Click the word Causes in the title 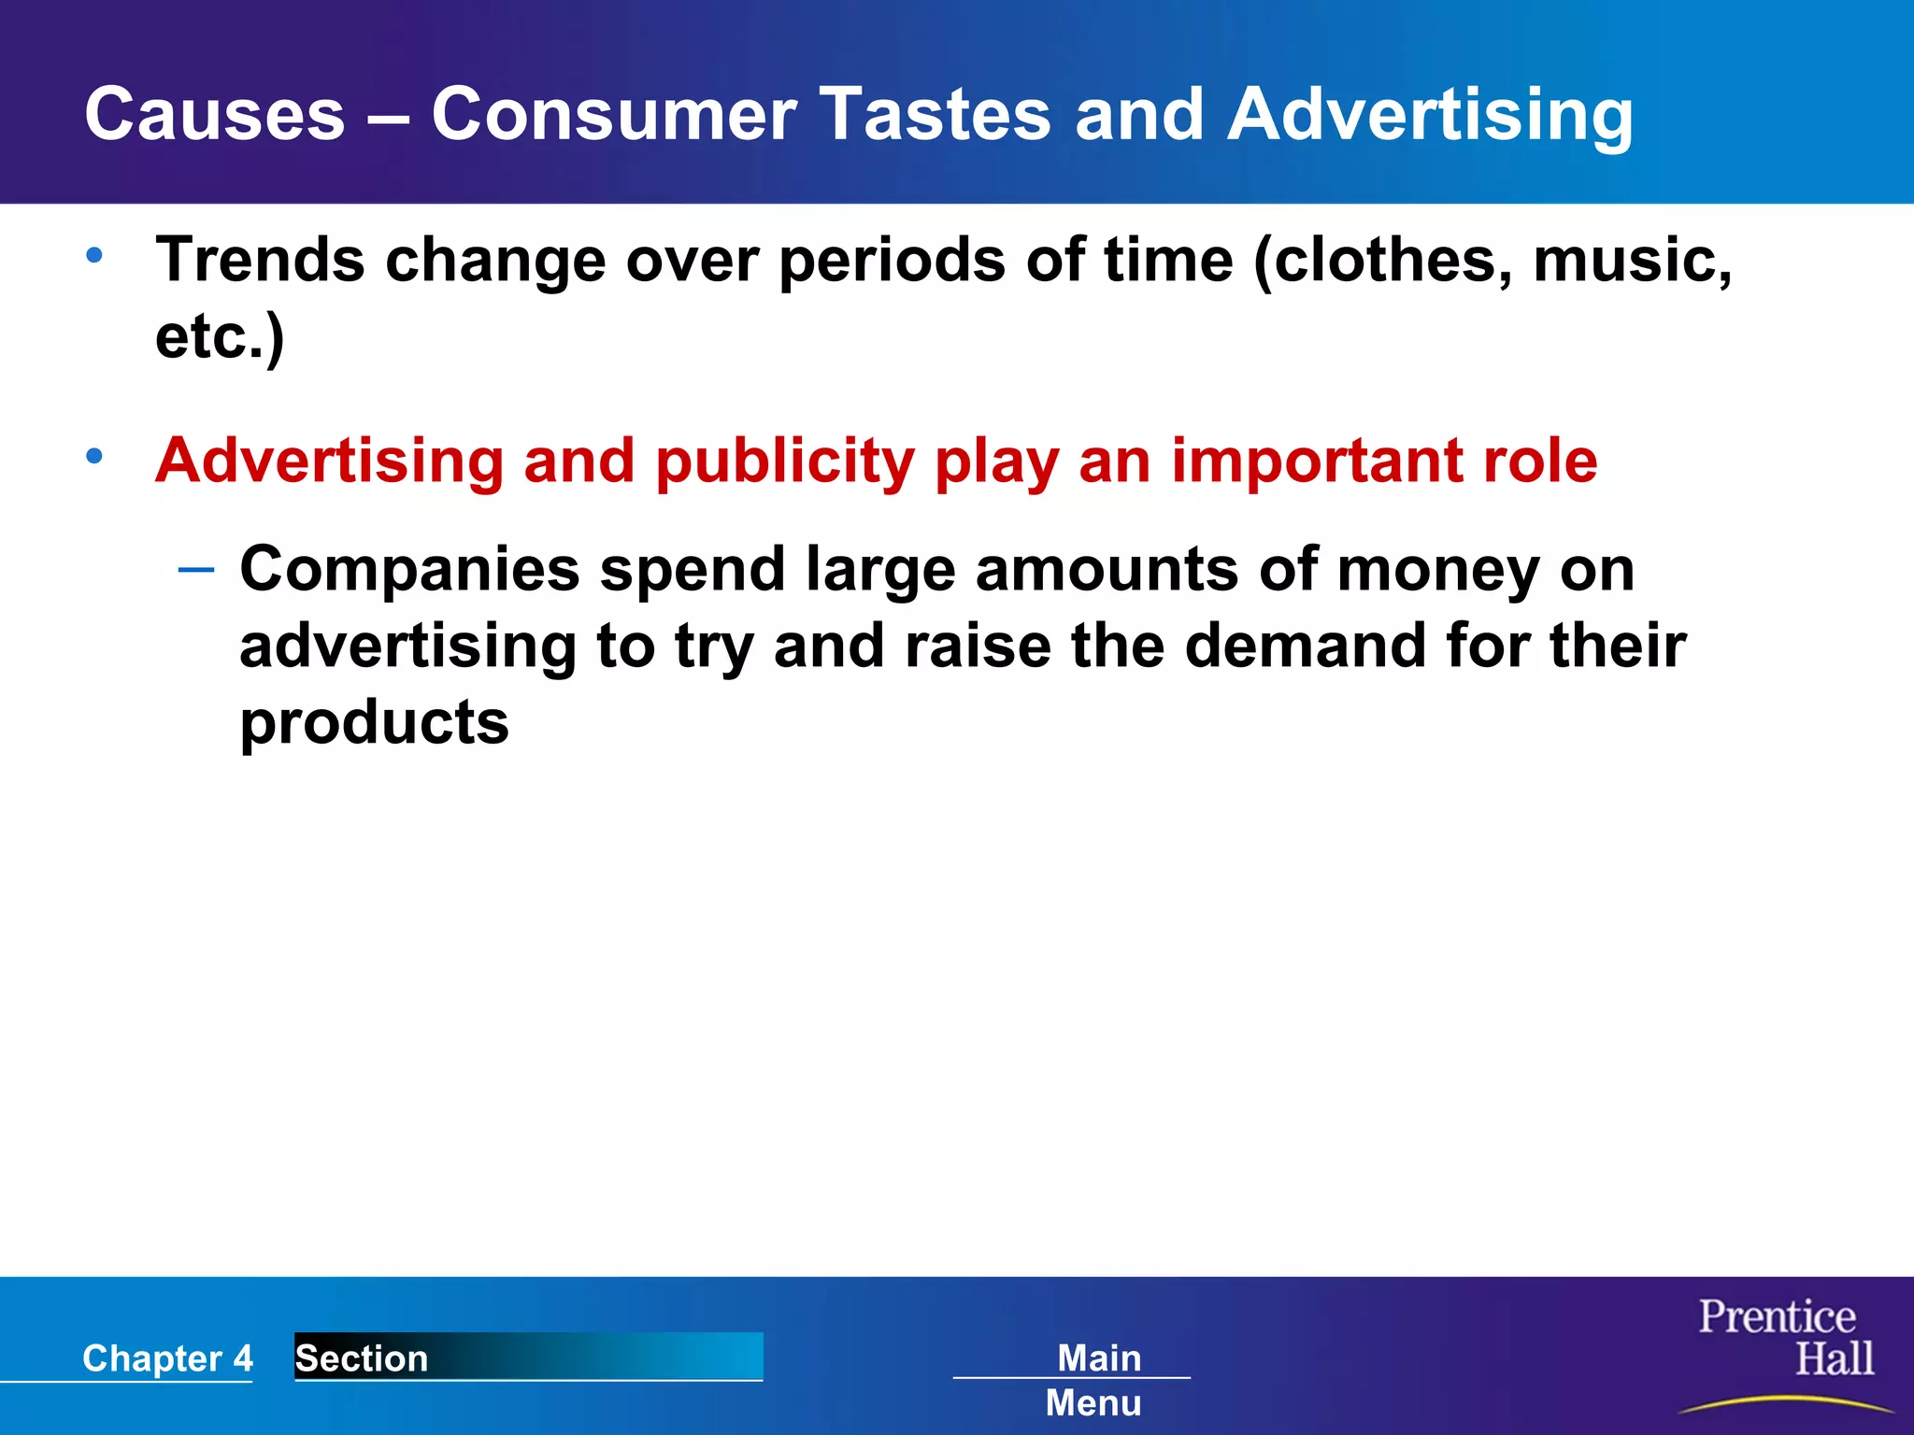click(214, 114)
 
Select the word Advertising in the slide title click(1430, 116)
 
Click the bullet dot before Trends click(94, 255)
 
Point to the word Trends click(260, 259)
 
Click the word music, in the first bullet click(1632, 259)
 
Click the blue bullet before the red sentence click(94, 457)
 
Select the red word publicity click(784, 462)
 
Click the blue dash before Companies click(196, 568)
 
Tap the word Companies click(409, 569)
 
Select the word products click(374, 723)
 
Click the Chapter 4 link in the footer click(167, 1357)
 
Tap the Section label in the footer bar click(362, 1357)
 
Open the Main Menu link click(1096, 1379)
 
